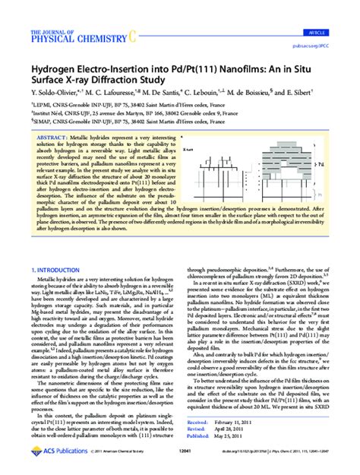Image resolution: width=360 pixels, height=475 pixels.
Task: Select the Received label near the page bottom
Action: tap(197, 420)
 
